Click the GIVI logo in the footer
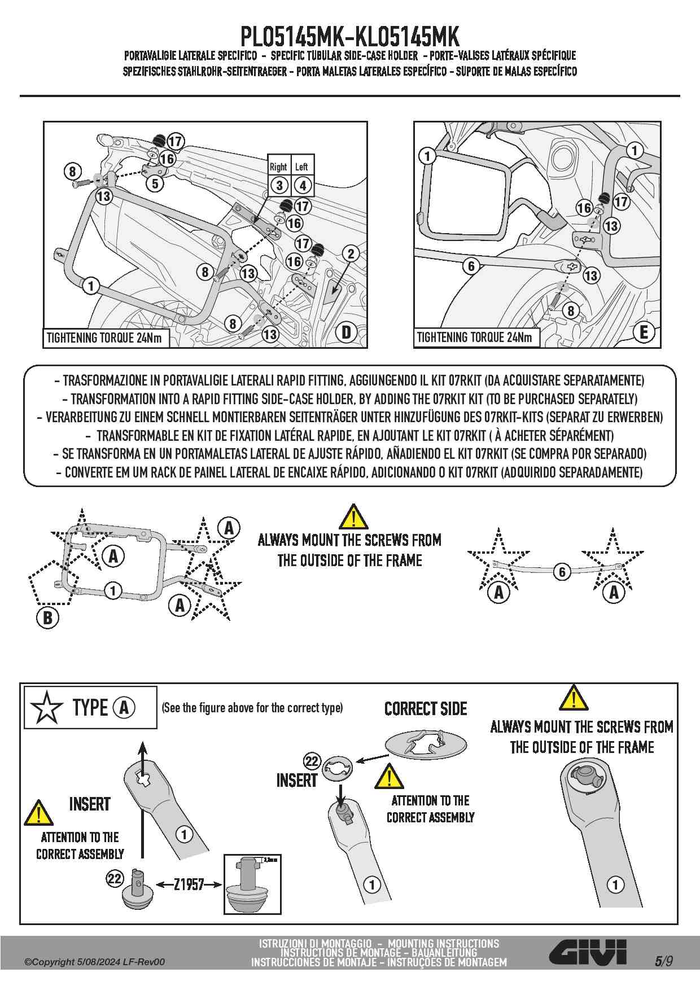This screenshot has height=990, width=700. (588, 954)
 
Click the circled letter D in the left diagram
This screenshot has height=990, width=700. (346, 332)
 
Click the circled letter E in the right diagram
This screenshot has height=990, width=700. (644, 332)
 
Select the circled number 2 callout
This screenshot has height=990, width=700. (351, 253)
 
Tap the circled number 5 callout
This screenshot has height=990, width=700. (155, 183)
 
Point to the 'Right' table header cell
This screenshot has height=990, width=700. (278, 167)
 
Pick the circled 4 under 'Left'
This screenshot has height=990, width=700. (303, 185)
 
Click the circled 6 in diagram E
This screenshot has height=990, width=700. (471, 265)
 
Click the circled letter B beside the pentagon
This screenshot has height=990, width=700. (47, 617)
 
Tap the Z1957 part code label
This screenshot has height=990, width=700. (189, 884)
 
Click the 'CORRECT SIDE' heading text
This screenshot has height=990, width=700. (426, 709)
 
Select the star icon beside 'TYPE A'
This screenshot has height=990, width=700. (46, 707)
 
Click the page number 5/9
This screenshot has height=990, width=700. (664, 961)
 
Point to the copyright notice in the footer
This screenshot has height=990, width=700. (95, 962)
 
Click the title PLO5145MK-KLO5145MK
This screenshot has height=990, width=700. (350, 37)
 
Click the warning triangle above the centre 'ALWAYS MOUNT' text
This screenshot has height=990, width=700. (353, 516)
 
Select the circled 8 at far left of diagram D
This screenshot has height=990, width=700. (72, 170)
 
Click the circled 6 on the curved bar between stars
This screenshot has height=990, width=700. (562, 572)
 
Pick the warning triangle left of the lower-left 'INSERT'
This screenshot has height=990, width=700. (38, 813)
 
